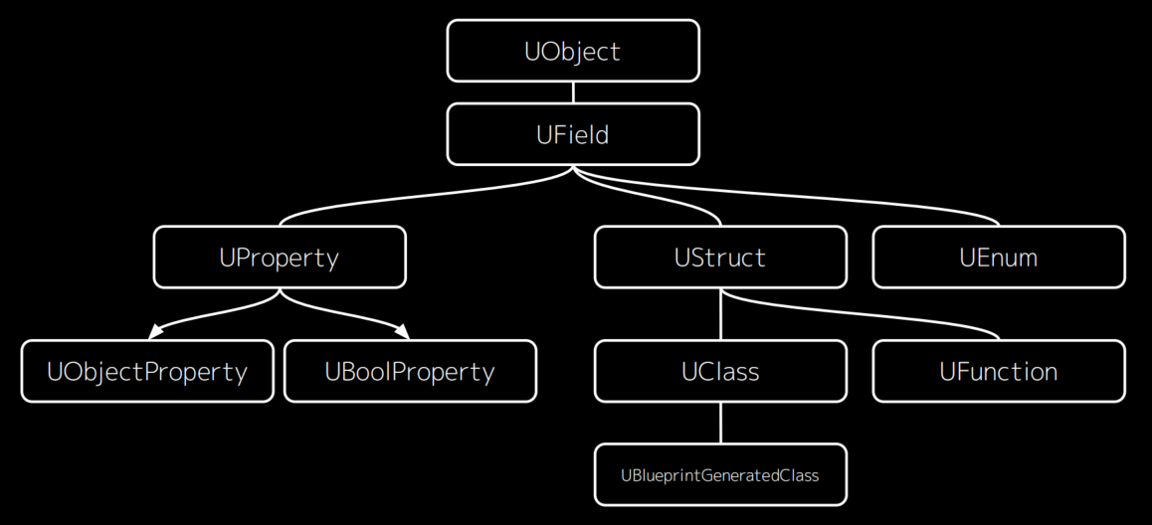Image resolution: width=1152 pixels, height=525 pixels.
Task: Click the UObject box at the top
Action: click(573, 52)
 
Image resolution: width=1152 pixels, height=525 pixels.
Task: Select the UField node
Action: click(573, 134)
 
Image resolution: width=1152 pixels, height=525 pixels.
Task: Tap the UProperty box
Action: click(280, 258)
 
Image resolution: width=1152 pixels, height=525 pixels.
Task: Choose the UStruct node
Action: click(720, 258)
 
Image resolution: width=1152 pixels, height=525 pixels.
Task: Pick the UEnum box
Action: click(999, 258)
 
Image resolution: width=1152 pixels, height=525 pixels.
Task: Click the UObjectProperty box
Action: click(147, 372)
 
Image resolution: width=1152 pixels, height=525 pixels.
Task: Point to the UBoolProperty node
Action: click(410, 372)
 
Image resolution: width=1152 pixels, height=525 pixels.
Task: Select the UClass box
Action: click(720, 372)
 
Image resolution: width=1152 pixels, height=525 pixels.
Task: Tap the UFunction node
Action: click(999, 372)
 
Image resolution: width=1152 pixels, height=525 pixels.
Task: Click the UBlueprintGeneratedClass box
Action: click(720, 475)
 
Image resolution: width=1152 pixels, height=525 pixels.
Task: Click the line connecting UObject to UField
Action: click(573, 92)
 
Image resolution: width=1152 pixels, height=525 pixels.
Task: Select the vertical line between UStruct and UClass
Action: click(720, 315)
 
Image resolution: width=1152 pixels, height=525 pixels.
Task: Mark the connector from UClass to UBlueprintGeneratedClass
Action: click(720, 424)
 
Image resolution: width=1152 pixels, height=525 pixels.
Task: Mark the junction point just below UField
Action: click(573, 170)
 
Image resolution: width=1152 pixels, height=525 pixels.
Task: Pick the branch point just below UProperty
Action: click(280, 293)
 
